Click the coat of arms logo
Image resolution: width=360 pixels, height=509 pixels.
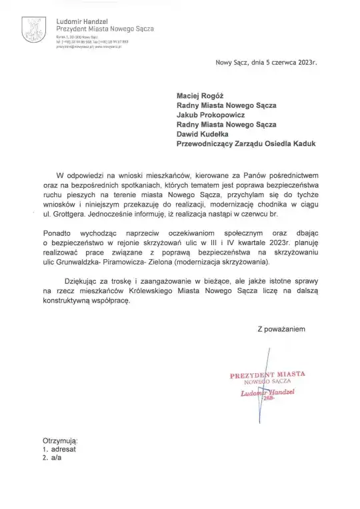point(32,28)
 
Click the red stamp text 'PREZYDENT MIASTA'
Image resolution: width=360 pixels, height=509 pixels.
point(267,375)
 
